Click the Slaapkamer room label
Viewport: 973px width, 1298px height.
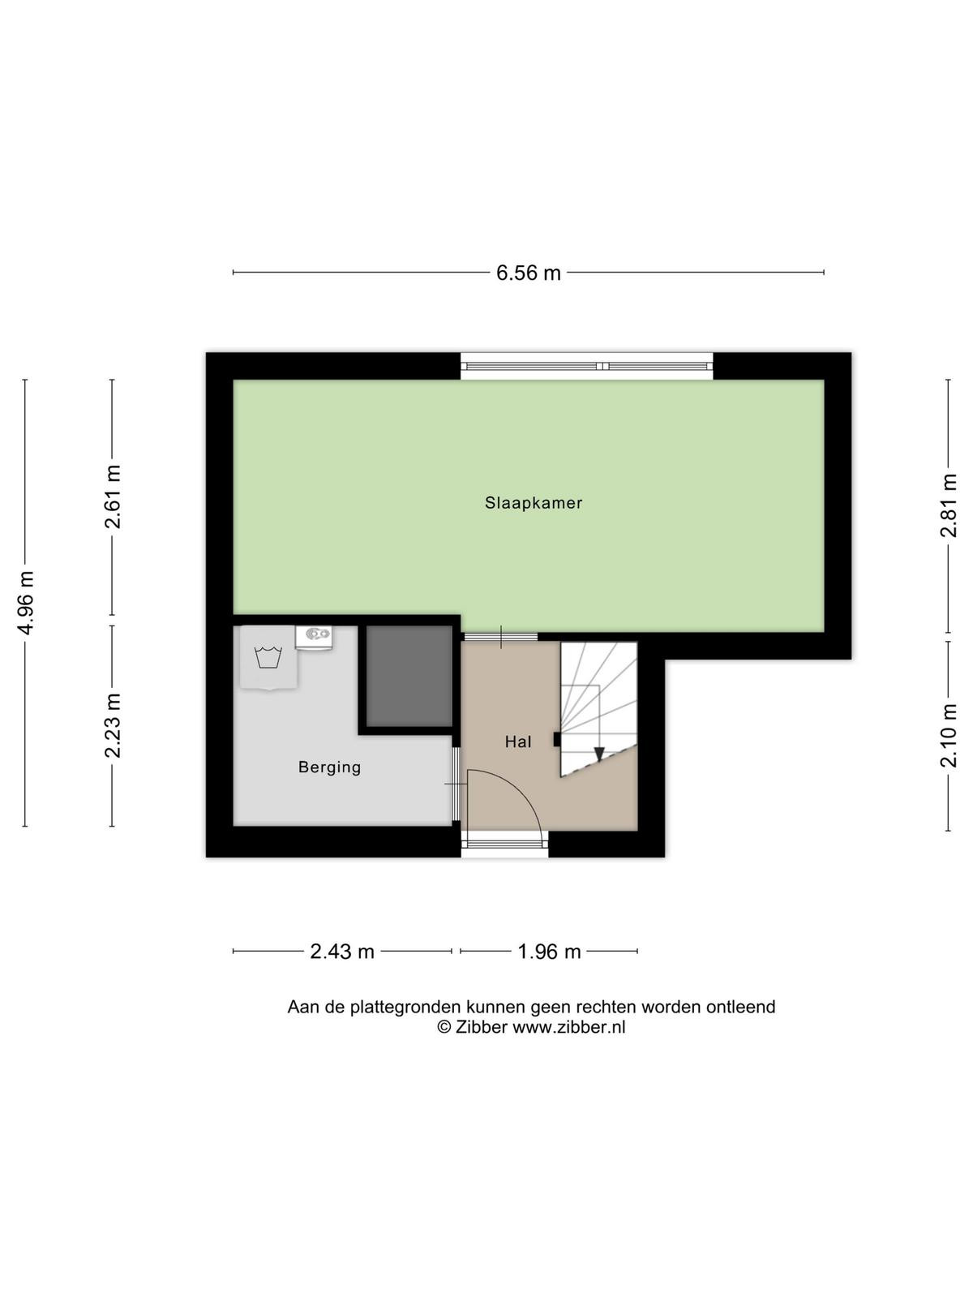click(x=534, y=503)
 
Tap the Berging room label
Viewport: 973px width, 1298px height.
click(x=329, y=767)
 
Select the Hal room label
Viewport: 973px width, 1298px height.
click(x=518, y=741)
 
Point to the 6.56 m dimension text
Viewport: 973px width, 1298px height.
click(x=528, y=273)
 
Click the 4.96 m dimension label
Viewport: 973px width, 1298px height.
click(x=26, y=603)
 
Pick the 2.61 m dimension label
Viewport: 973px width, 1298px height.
click(x=112, y=496)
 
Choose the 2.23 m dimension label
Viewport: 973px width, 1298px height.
click(x=112, y=725)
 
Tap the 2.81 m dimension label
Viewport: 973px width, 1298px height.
click(x=948, y=505)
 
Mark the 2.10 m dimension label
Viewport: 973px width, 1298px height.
click(x=948, y=736)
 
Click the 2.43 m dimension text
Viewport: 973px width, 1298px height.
click(x=342, y=952)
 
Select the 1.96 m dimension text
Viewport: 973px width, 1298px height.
click(x=549, y=952)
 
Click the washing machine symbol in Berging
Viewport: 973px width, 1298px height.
click(x=268, y=658)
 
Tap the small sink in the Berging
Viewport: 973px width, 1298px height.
click(x=314, y=638)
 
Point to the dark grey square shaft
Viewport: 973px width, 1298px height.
click(x=409, y=676)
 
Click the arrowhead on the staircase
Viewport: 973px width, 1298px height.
click(x=599, y=754)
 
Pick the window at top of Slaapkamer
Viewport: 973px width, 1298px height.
click(x=586, y=366)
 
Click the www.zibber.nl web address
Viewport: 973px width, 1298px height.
click(x=568, y=1027)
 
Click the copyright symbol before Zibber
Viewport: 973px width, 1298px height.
click(x=444, y=1027)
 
